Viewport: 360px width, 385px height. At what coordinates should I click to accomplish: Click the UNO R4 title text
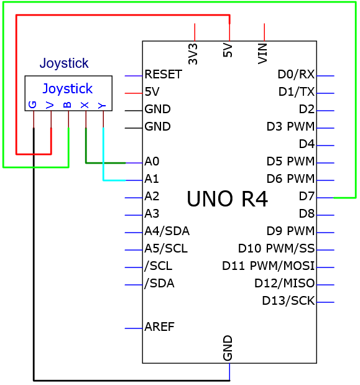(227, 199)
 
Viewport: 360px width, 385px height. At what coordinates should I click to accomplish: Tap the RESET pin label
(164, 75)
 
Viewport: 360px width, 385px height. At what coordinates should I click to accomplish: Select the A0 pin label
(152, 161)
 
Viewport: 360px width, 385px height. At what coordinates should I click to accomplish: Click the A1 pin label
(152, 179)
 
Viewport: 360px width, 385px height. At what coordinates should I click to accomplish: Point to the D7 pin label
(307, 196)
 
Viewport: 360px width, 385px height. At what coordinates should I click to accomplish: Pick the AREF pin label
(160, 327)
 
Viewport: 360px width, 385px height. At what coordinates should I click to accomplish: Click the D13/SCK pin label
(288, 301)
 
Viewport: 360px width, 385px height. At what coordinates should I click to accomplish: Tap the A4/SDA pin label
(167, 231)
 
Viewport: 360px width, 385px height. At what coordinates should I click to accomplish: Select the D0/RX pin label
(296, 75)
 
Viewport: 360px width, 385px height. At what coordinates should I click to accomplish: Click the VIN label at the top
(262, 53)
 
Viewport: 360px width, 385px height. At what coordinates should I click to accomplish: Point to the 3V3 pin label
(193, 54)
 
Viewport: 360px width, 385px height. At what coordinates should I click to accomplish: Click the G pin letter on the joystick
(32, 104)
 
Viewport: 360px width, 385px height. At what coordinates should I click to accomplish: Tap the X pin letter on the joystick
(85, 105)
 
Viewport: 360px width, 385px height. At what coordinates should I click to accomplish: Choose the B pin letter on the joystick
(67, 105)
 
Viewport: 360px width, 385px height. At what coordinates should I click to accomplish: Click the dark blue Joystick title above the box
(64, 63)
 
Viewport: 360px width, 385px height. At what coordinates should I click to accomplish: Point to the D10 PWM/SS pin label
(276, 249)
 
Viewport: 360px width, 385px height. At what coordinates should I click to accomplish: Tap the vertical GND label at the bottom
(228, 348)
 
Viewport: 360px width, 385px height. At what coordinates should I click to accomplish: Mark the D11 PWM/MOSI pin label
(269, 266)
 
